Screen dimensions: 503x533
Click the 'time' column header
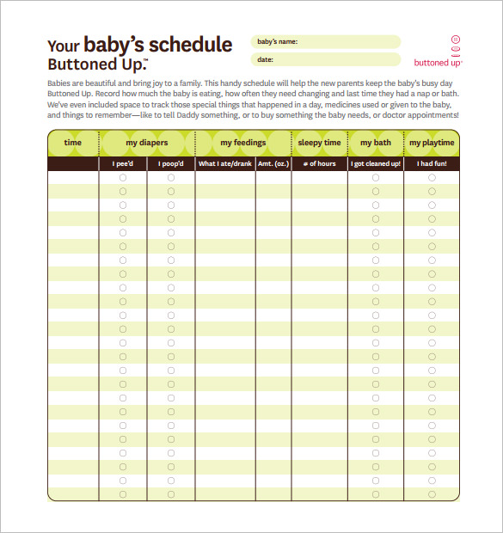(73, 143)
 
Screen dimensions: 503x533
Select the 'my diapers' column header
(147, 143)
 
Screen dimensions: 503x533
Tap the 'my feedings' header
(243, 143)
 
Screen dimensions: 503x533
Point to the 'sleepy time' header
(319, 143)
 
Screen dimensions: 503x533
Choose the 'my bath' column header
(376, 143)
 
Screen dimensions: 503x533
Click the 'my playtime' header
(431, 143)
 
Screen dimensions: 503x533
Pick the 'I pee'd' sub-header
(123, 163)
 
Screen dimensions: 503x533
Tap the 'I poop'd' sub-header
(170, 163)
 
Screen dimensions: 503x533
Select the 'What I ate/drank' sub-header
(225, 163)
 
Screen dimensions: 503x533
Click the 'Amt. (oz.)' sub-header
(273, 163)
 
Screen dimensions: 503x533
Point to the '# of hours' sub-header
(319, 163)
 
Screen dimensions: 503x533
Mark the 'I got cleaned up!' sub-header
(376, 163)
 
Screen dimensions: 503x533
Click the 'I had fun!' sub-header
(432, 163)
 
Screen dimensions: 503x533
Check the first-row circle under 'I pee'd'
(123, 177)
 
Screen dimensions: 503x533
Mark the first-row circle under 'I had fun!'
(432, 177)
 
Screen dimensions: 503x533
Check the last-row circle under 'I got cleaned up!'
(376, 494)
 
